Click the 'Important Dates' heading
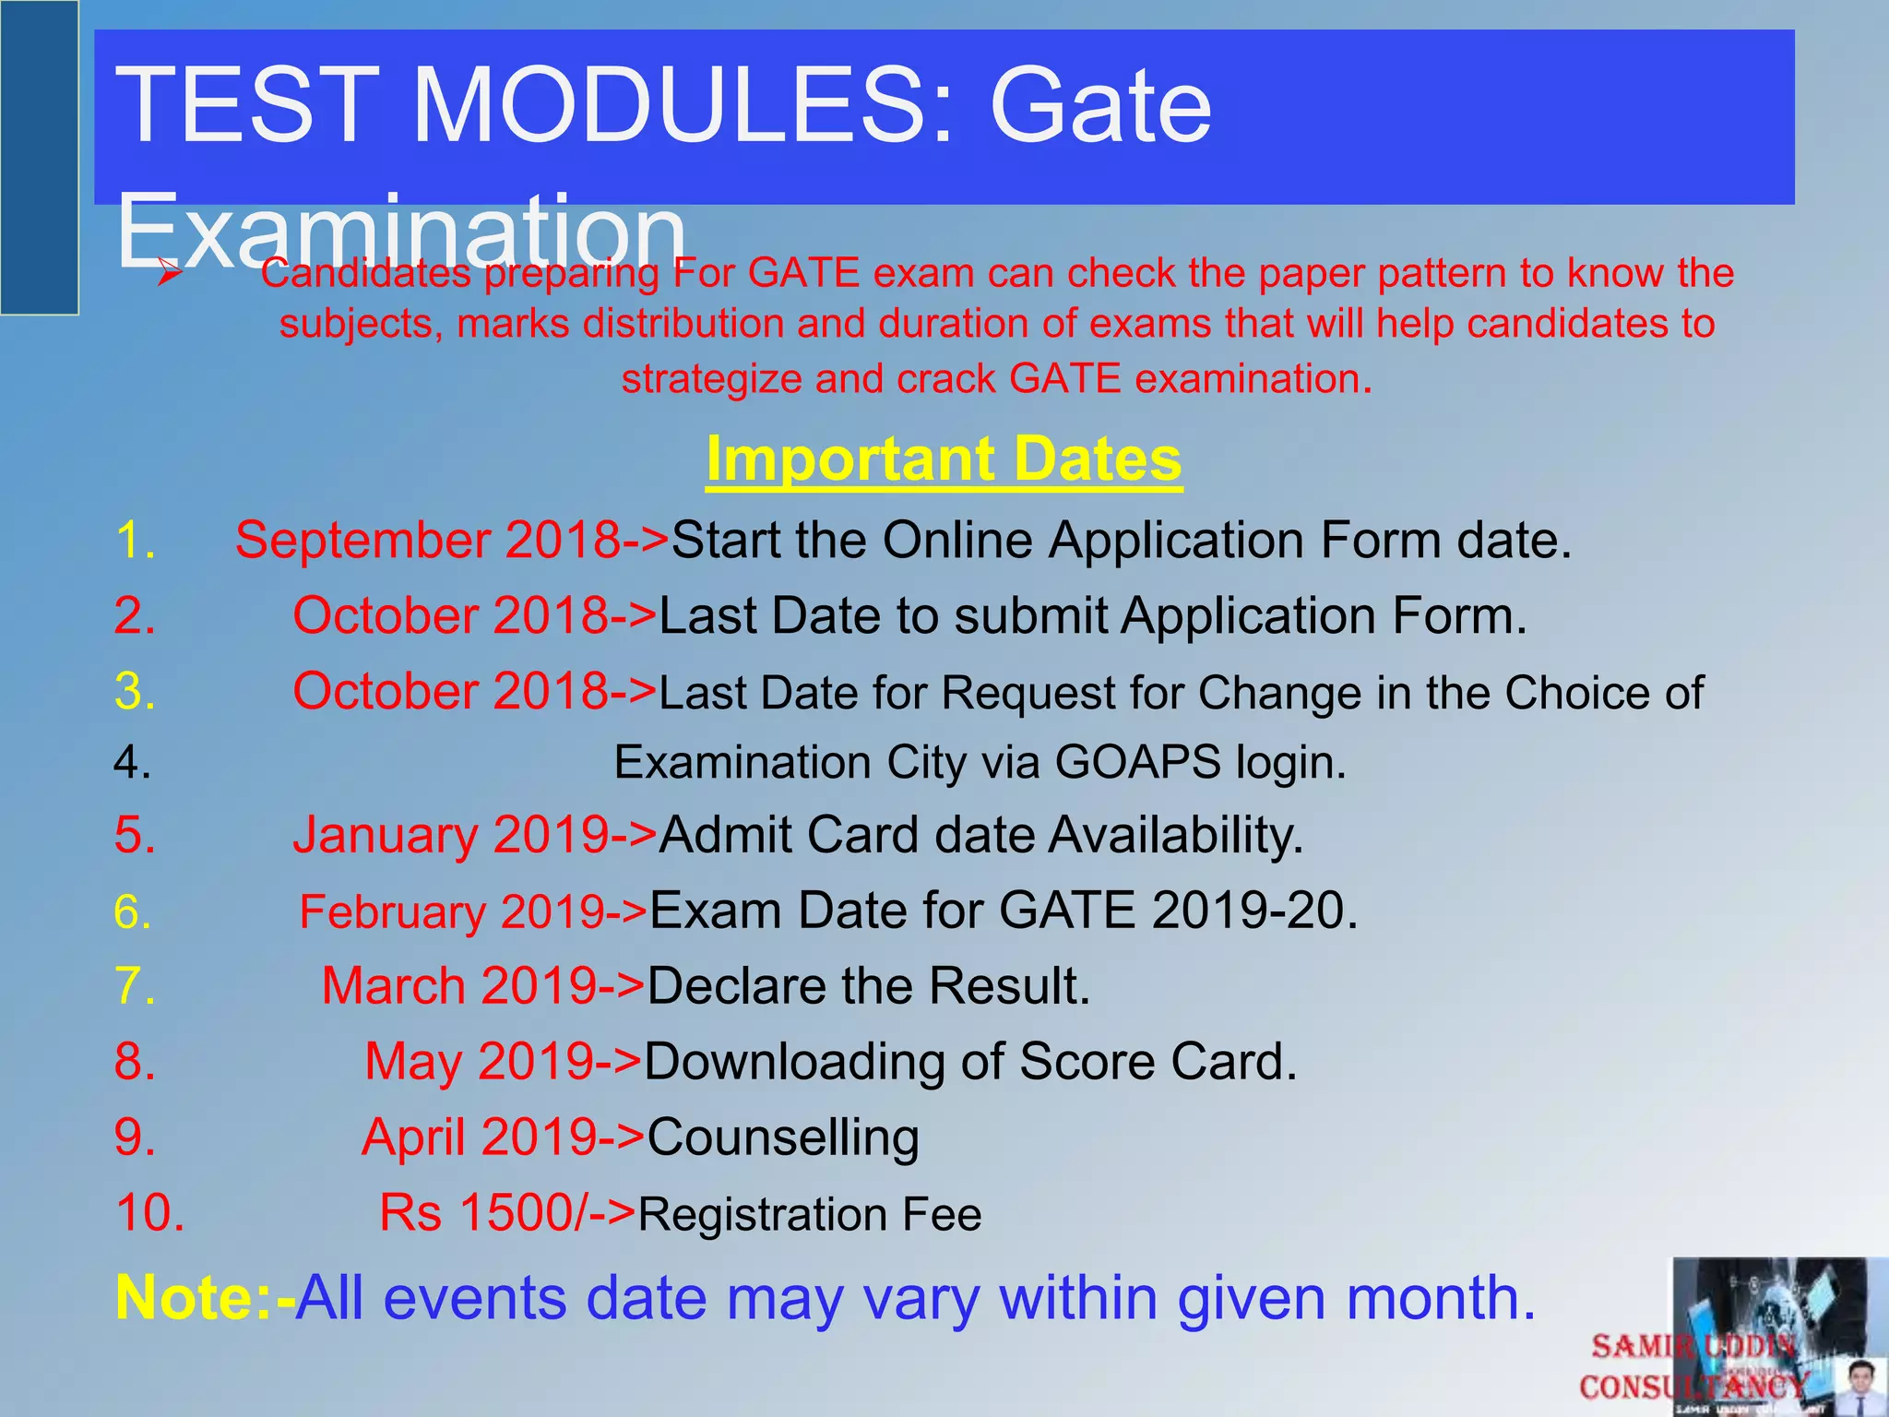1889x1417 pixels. pyautogui.click(x=944, y=459)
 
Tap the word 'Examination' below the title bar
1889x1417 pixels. pyautogui.click(x=401, y=231)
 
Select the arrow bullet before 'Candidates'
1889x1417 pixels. pyautogui.click(x=170, y=274)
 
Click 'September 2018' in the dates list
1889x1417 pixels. pyautogui.click(x=427, y=541)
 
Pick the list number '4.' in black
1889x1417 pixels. pyautogui.click(x=133, y=764)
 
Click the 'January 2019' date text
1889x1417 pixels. pyautogui.click(x=451, y=836)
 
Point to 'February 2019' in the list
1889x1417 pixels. pyautogui.click(x=451, y=912)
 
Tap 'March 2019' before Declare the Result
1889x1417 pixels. pyautogui.click(x=459, y=986)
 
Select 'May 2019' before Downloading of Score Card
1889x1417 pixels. pyautogui.click(x=479, y=1062)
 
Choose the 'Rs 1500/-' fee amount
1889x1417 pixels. pyautogui.click(x=481, y=1213)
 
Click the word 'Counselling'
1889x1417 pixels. pyautogui.click(x=783, y=1137)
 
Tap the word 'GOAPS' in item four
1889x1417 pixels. pyautogui.click(x=1137, y=764)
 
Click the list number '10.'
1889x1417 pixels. pyautogui.click(x=149, y=1213)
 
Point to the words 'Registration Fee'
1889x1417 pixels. pyautogui.click(x=810, y=1215)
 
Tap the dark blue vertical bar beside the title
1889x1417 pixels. pyautogui.click(x=39, y=157)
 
